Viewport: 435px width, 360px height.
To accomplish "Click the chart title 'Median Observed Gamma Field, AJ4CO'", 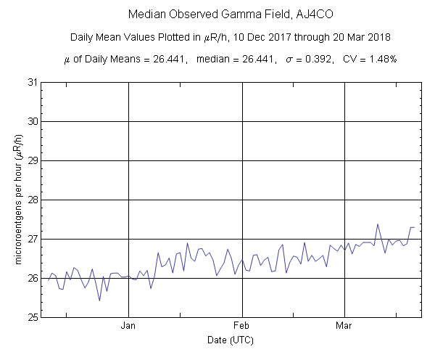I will click(x=217, y=15).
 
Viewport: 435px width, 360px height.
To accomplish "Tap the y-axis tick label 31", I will click(x=33, y=82).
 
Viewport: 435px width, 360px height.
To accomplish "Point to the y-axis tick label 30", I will click(x=33, y=121).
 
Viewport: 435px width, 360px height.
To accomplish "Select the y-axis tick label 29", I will click(x=33, y=160).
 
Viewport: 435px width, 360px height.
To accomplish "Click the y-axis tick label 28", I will click(x=33, y=200).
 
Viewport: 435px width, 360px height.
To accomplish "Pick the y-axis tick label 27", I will click(x=33, y=239).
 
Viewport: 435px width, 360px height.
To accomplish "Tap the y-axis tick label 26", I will click(x=33, y=278).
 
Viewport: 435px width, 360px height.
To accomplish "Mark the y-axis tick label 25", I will click(x=33, y=317).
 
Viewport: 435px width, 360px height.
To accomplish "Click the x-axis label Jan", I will click(x=128, y=326).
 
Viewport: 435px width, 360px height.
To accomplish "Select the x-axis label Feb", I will click(x=241, y=326).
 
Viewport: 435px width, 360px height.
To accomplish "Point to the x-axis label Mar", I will click(x=344, y=326).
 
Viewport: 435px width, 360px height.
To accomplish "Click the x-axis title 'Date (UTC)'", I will click(x=231, y=340).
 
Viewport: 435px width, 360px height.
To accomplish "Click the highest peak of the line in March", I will click(x=378, y=224).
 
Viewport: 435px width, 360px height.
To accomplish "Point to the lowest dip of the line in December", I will click(x=99, y=300).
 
